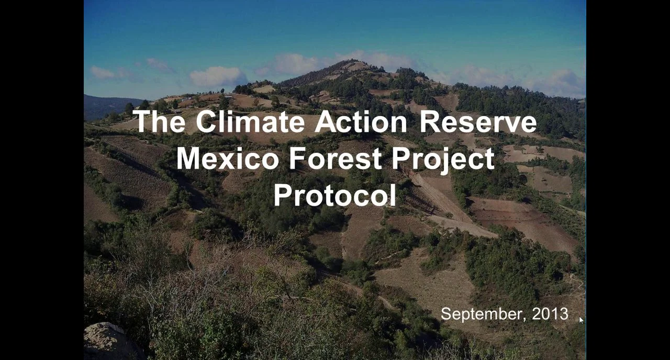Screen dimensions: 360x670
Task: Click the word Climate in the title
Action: pyautogui.click(x=250, y=122)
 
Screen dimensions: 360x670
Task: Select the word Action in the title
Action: pyautogui.click(x=361, y=122)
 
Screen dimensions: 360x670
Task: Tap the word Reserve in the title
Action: pyautogui.click(x=478, y=122)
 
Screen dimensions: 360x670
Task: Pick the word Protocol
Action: pyautogui.click(x=335, y=195)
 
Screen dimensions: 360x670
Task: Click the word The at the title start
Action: pyautogui.click(x=160, y=122)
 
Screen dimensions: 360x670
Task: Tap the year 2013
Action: pyautogui.click(x=550, y=314)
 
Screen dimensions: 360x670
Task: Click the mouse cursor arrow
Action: pyautogui.click(x=581, y=320)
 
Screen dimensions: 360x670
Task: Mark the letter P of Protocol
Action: pyautogui.click(x=283, y=195)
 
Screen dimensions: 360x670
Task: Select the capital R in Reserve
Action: pyautogui.click(x=430, y=122)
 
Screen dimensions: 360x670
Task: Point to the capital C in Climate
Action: pyautogui.click(x=206, y=122)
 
